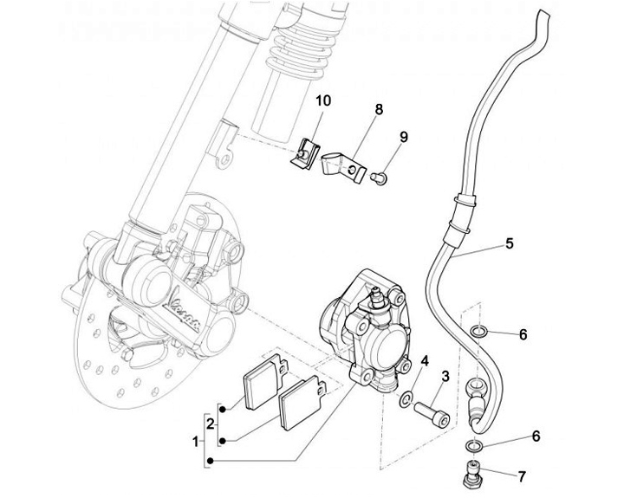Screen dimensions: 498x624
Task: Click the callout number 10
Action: click(x=322, y=101)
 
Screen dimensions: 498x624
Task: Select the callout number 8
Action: click(x=378, y=110)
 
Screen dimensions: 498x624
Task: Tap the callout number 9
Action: click(x=403, y=137)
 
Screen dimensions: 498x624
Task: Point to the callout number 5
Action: click(x=510, y=244)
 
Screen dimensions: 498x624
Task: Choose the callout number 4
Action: click(x=425, y=360)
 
